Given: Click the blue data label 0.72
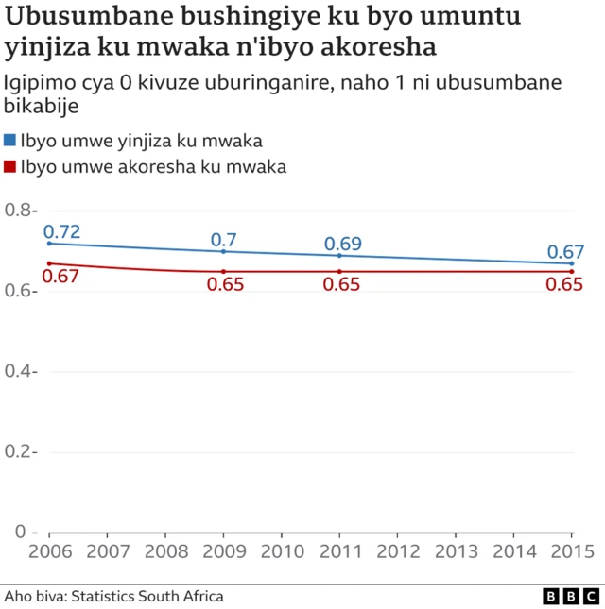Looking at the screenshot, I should (62, 231).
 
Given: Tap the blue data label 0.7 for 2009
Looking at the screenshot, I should (223, 239).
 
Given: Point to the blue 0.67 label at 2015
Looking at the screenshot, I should (565, 251).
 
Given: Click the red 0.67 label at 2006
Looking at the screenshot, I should (62, 276).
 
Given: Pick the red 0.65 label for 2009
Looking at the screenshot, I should (225, 284).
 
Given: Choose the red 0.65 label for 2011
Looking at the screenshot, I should (341, 284).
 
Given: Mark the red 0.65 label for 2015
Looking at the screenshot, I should (564, 284).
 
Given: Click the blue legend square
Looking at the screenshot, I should (9, 141).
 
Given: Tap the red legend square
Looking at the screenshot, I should (9, 166).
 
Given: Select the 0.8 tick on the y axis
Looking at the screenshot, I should (20, 210).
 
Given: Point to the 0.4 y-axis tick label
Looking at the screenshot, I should (20, 371).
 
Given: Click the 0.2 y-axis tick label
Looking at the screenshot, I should (20, 451).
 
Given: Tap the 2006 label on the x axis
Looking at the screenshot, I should (48, 550).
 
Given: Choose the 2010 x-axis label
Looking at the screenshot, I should (282, 550).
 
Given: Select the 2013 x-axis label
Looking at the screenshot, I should (457, 550).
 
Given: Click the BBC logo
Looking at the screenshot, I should (570, 597).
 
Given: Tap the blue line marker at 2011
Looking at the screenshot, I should (340, 256).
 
